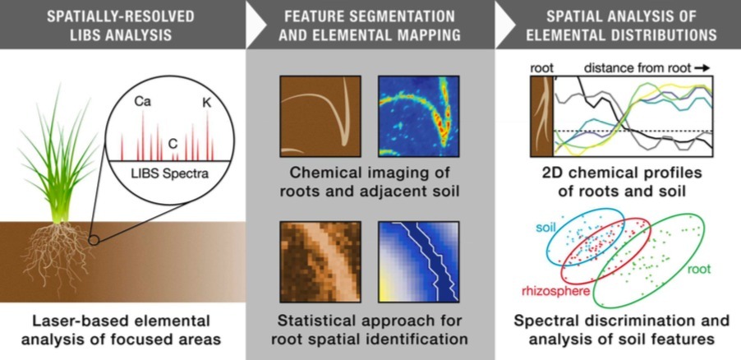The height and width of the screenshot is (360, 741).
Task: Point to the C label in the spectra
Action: click(x=173, y=142)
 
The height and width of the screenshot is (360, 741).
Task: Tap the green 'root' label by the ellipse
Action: click(x=699, y=269)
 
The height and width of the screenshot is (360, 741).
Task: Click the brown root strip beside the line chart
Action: click(x=541, y=115)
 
